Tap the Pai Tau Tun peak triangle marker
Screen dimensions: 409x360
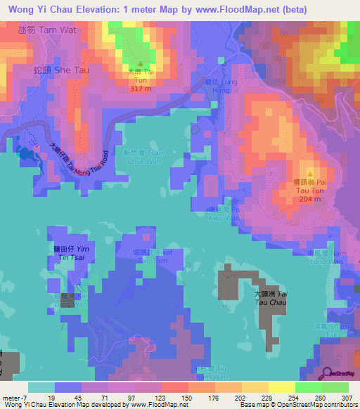click(310, 171)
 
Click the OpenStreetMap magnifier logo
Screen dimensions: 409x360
click(327, 373)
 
